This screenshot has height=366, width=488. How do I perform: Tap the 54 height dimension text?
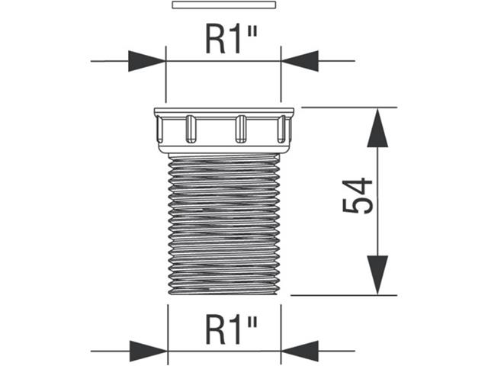(358, 196)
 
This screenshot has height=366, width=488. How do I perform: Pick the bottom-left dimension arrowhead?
(147, 352)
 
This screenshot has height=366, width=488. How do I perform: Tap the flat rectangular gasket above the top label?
(223, 5)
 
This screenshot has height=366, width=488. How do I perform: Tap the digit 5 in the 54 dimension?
(358, 206)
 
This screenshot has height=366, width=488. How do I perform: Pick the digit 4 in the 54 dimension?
(358, 186)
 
